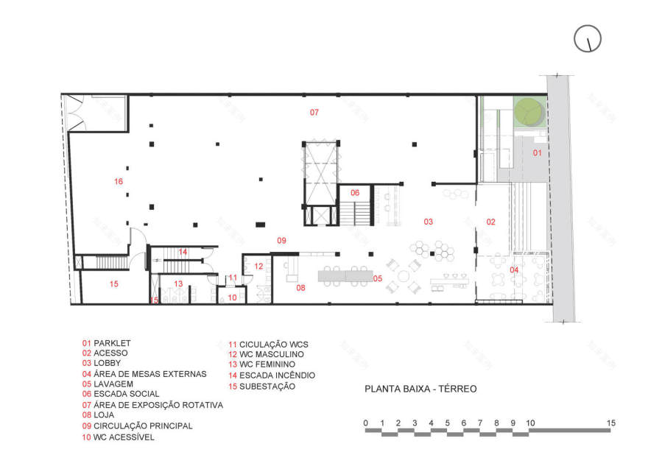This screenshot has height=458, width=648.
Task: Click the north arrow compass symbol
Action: point(589,38)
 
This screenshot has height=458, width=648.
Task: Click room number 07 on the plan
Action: point(314,113)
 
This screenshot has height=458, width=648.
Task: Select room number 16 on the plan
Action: point(119,181)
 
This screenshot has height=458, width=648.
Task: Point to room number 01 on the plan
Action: point(538,153)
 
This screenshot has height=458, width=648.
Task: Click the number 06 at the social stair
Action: point(355,193)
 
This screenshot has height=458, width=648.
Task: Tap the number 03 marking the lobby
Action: point(427,221)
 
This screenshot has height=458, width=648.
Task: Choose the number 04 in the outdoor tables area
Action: point(515,269)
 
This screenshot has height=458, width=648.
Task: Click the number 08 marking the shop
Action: point(300,288)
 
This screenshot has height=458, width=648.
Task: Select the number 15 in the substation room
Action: point(114,283)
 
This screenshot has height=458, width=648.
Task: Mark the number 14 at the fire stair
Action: point(183,252)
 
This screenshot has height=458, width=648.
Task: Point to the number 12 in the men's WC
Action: point(258,266)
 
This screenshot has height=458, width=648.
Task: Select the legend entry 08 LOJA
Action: point(99,415)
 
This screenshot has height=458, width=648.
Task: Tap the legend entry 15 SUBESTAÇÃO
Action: point(261,386)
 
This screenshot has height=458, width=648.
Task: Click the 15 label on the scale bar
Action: point(610,423)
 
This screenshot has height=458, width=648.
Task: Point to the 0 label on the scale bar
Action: point(366,423)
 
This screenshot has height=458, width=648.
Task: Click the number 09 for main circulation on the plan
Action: point(281,240)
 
